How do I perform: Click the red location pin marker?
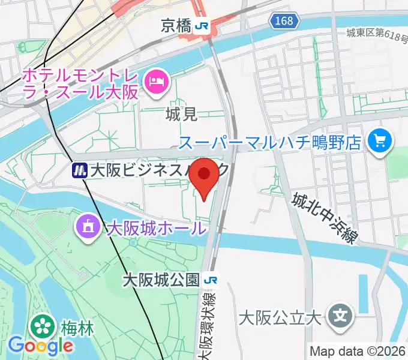[206, 176]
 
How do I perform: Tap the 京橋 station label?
[177, 25]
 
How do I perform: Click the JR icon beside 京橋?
[203, 25]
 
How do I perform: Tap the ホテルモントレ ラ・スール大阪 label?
[80, 84]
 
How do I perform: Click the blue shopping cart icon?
[380, 142]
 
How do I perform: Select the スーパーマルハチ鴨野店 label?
[270, 142]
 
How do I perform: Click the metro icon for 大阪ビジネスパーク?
[79, 171]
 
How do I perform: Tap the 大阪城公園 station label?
[160, 280]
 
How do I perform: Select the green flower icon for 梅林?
[42, 327]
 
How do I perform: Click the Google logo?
[40, 346]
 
